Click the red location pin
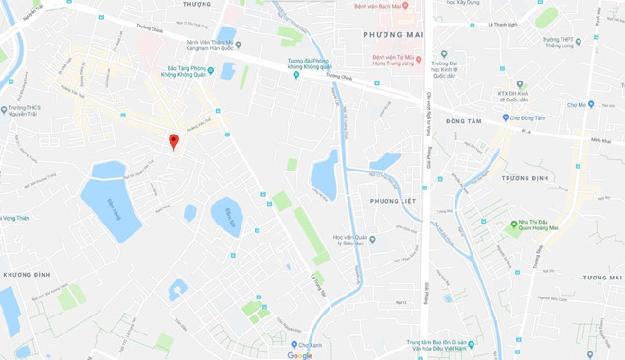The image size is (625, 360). tap(173, 141)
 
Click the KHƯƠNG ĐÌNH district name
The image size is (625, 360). tap(26, 274)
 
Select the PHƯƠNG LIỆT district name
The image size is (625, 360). tap(393, 201)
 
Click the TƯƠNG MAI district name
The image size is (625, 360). tap(602, 278)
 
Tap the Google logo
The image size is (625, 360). tap(299, 355)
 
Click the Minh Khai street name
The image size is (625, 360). tap(600, 141)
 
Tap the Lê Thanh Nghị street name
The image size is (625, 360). tap(503, 25)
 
